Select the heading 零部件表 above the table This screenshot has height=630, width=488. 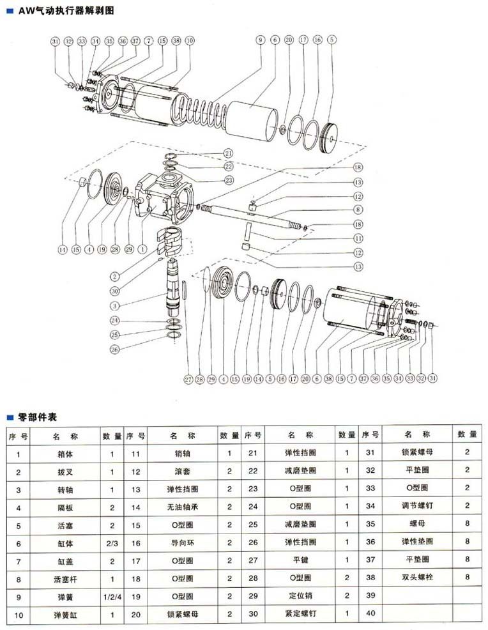(x=36, y=417)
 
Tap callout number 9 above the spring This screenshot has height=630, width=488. (x=260, y=40)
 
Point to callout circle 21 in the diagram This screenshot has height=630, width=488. (x=228, y=153)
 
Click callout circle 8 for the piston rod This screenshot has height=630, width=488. (x=358, y=209)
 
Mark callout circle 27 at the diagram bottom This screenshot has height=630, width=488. (x=188, y=380)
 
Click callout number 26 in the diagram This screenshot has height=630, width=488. (x=116, y=349)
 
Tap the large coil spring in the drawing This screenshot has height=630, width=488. (x=204, y=109)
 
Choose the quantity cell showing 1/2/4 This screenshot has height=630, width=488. (x=111, y=597)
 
